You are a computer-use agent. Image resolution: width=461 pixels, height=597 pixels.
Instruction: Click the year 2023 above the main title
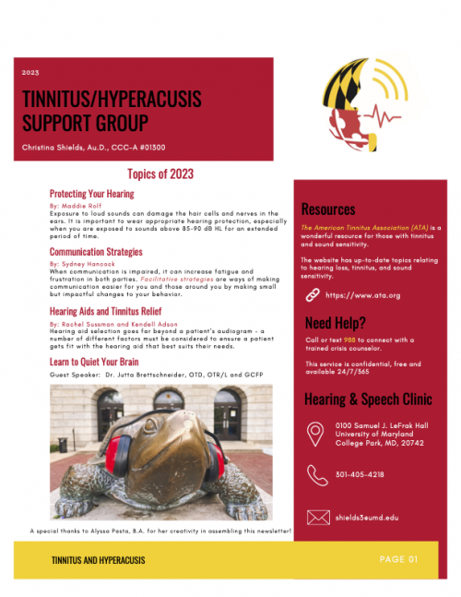pyautogui.click(x=30, y=71)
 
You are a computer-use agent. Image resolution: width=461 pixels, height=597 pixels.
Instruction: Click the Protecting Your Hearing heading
pyautogui.click(x=91, y=194)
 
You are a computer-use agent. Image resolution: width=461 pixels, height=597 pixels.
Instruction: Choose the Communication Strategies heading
pyautogui.click(x=97, y=251)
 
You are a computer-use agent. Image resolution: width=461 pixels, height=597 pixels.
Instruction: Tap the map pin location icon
pyautogui.click(x=316, y=431)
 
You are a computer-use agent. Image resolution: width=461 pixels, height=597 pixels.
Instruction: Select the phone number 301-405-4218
pyautogui.click(x=361, y=474)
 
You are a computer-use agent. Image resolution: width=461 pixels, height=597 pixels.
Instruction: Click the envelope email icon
pyautogui.click(x=316, y=517)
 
